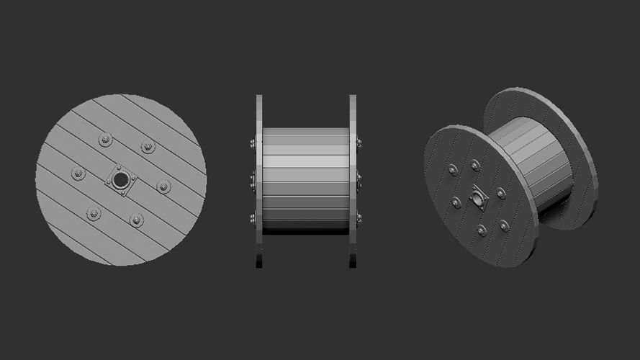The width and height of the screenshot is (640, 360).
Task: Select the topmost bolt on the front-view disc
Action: [x=106, y=140]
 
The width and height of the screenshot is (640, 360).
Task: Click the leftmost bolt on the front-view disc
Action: [x=78, y=174]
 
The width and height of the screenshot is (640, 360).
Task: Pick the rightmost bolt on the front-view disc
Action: [x=163, y=187]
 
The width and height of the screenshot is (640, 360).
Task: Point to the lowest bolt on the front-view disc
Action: [x=136, y=220]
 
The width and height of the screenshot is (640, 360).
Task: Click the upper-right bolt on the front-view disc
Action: [x=148, y=147]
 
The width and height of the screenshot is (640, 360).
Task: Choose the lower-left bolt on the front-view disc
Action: [x=94, y=213]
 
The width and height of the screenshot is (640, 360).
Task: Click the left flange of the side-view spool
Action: [x=259, y=180]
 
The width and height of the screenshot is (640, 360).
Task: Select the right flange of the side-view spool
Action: [x=353, y=180]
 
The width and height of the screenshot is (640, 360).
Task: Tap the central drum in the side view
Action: [x=306, y=180]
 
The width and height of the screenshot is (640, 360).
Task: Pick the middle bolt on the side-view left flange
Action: [x=253, y=179]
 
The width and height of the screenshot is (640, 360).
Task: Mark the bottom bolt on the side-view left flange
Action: [x=253, y=218]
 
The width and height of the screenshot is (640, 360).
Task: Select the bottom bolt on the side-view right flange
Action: [x=359, y=218]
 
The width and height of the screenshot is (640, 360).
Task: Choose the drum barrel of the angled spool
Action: [x=536, y=162]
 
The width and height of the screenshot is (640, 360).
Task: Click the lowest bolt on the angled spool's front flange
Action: [x=482, y=230]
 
